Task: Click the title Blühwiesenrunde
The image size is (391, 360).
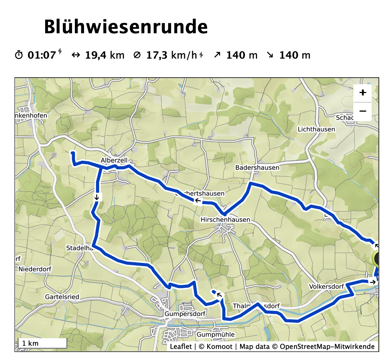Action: pos(126,27)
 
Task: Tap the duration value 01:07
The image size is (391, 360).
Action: pos(42,55)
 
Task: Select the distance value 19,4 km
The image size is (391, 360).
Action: pos(105,55)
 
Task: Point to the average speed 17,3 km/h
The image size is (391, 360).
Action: pos(172,55)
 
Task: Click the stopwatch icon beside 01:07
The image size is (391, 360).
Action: pos(19,55)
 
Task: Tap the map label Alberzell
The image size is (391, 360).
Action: pos(114,160)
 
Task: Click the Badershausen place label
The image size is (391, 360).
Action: pos(257,168)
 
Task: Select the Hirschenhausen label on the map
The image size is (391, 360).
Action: pos(225,220)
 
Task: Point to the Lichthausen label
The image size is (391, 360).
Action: pos(316,129)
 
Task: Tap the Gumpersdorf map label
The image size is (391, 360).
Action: pos(183,314)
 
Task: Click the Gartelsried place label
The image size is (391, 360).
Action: pos(62,296)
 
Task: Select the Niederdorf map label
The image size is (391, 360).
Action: pos(35,269)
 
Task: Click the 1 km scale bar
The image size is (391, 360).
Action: pos(42,343)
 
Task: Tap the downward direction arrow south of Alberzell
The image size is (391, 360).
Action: pos(96,197)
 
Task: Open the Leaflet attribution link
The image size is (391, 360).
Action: pos(181,347)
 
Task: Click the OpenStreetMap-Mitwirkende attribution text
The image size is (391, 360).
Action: pos(327,347)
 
